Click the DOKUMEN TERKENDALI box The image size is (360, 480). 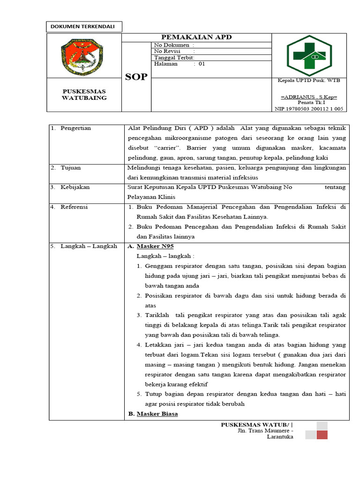pyautogui.click(x=84, y=27)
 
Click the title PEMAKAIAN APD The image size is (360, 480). pyautogui.click(x=196, y=37)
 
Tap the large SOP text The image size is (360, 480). pyautogui.click(x=136, y=77)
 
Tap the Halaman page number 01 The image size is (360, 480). pyautogui.click(x=202, y=64)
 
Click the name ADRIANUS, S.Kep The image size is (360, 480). pyautogui.click(x=309, y=97)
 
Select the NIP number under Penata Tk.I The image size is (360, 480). pyautogui.click(x=309, y=108)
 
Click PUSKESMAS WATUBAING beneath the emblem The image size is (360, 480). pyautogui.click(x=84, y=94)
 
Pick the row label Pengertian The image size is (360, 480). pyautogui.click(x=75, y=128)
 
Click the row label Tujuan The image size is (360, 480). pyautogui.click(x=71, y=167)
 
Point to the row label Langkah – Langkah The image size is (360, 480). pyautogui.click(x=89, y=246)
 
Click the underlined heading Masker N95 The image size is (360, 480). pyautogui.click(x=155, y=246)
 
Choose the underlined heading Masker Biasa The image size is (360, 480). pyautogui.click(x=157, y=414)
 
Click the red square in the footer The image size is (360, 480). pyautogui.click(x=322, y=435)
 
